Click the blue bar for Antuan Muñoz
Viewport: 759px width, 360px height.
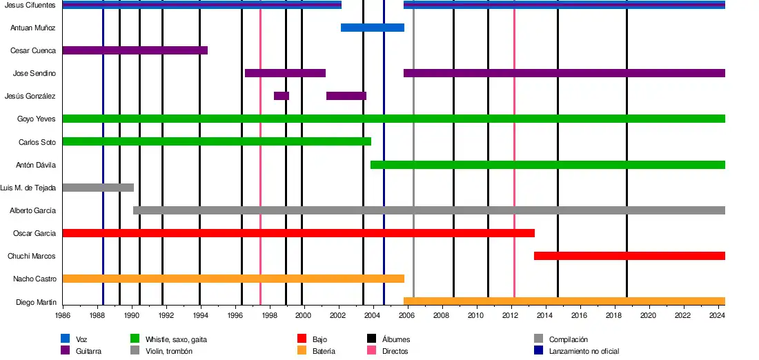(x=372, y=28)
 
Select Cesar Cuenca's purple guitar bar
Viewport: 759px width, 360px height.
(x=135, y=50)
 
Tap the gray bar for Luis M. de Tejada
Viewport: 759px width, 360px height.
(x=97, y=188)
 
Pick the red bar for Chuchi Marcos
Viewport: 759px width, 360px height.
(x=629, y=256)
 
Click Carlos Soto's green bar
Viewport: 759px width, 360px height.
(x=216, y=141)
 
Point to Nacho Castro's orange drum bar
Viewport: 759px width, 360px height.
(x=233, y=279)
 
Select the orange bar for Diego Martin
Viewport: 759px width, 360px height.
(x=564, y=301)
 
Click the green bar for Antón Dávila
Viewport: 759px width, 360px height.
(x=547, y=165)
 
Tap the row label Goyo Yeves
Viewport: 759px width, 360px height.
(x=37, y=119)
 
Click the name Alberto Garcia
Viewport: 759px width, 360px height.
(x=32, y=210)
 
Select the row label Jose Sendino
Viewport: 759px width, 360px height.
(x=34, y=73)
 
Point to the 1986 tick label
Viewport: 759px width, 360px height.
(x=63, y=315)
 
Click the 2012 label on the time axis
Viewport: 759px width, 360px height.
(x=511, y=315)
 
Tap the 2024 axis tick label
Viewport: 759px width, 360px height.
(x=717, y=315)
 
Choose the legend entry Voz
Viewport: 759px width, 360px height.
(x=81, y=339)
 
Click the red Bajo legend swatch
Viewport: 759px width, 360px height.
(x=302, y=339)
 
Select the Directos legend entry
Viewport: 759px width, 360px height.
(x=395, y=351)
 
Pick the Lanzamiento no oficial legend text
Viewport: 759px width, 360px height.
(x=584, y=351)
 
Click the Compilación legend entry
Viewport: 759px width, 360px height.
(x=568, y=339)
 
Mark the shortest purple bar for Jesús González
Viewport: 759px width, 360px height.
(x=282, y=96)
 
